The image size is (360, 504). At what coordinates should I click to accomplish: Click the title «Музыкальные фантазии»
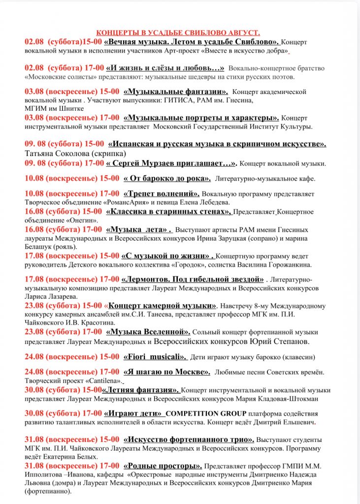coord(176,92)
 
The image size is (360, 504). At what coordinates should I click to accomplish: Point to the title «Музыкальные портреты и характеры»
coord(201,118)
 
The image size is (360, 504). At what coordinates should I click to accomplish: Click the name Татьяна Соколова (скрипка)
coord(69,153)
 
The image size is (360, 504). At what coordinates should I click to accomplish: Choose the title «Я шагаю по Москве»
coord(167,372)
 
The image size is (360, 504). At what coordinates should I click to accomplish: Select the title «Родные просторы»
coord(163,466)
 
